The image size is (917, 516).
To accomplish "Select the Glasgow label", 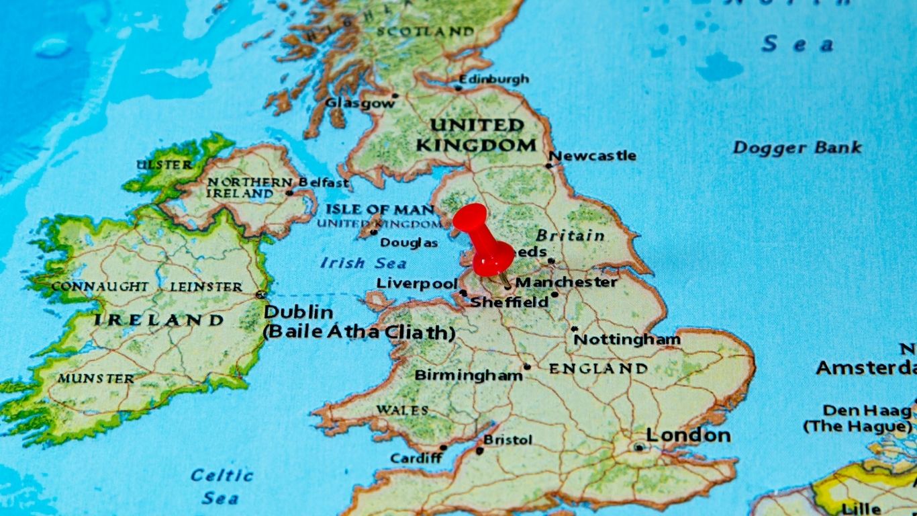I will point(360,103).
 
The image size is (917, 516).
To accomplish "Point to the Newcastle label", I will point(593,155).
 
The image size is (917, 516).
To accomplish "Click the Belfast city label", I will point(324,182).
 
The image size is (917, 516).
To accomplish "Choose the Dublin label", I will point(298,312).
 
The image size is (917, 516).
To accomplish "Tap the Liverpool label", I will point(416,283).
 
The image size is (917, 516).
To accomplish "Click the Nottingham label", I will point(626,339).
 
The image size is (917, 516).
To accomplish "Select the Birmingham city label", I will point(468,375).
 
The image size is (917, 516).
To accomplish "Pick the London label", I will point(688,435).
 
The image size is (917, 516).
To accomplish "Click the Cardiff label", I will point(416,458).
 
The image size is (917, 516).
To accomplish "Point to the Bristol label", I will point(508,440).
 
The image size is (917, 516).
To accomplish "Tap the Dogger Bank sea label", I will point(797,147).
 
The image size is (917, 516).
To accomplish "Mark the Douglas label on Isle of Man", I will point(409,243).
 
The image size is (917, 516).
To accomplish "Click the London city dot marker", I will point(638,447).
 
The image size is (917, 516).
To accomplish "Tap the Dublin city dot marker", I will point(260,294).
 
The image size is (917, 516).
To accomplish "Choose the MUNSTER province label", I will point(95,378).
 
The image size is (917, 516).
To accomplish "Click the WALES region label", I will point(402,410).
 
